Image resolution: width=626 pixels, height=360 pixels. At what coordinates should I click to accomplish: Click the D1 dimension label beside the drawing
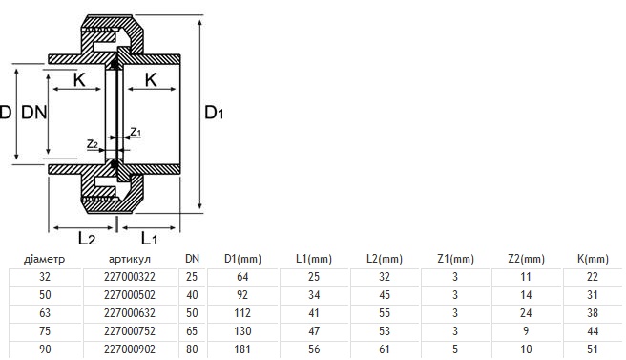pos(214,113)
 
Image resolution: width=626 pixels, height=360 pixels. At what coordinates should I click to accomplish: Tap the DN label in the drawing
pos(34,113)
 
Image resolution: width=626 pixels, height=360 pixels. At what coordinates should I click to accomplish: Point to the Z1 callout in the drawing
pos(136,132)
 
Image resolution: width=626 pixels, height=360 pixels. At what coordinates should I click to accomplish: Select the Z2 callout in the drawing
pos(93,144)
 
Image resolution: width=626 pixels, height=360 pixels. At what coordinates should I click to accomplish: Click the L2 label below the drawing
pos(87,239)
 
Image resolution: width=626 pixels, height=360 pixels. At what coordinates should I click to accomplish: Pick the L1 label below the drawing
pos(149,239)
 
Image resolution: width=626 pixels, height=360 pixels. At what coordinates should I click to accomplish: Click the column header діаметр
pos(44,259)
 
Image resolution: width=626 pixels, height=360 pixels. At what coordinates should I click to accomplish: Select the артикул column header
pos(130,259)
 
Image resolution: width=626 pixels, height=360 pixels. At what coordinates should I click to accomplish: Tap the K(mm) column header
pos(593,259)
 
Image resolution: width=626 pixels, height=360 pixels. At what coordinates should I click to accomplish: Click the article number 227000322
pos(130,277)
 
